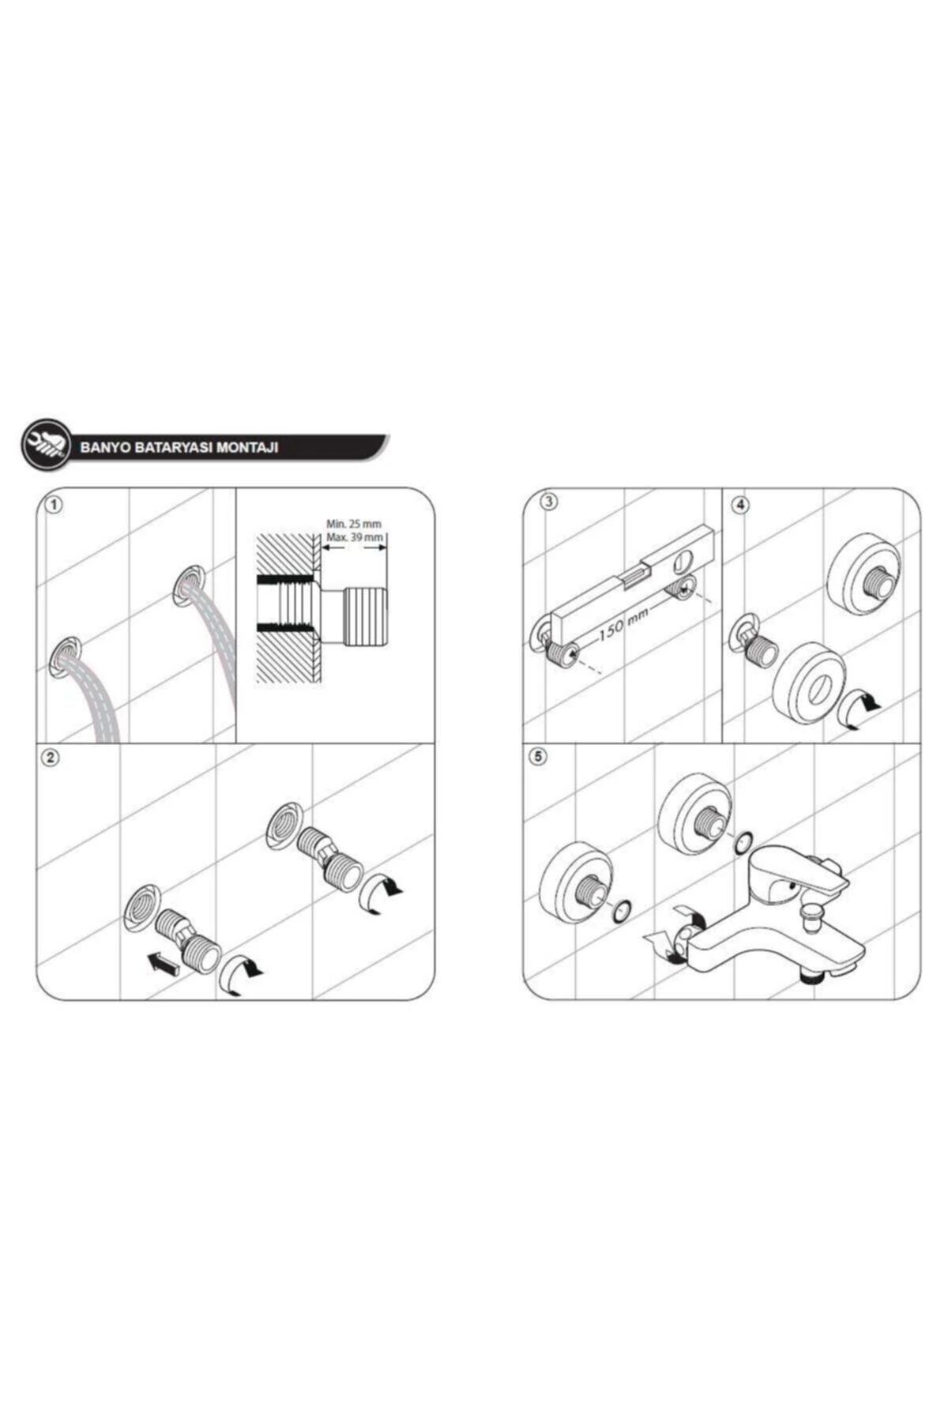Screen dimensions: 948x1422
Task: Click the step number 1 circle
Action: click(54, 504)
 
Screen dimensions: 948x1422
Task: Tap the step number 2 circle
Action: click(51, 757)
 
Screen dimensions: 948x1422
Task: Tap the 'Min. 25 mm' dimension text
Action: click(354, 524)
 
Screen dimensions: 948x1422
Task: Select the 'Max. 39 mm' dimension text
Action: click(355, 537)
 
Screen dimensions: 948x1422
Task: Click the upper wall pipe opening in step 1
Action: click(190, 585)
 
